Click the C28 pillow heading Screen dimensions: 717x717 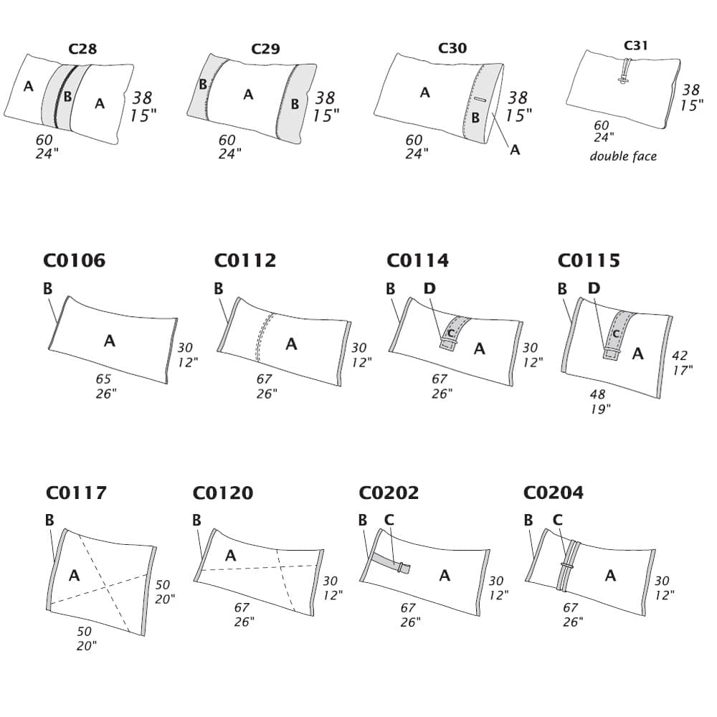point(82,49)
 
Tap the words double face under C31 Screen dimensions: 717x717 point(623,156)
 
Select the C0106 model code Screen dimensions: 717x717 point(75,260)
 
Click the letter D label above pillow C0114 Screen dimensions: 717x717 point(429,288)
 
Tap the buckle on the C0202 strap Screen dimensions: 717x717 point(406,568)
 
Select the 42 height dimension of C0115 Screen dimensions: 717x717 point(680,354)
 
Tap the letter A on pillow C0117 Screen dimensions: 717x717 point(74,575)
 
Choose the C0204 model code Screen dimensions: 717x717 point(553,493)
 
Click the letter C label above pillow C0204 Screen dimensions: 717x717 point(557,520)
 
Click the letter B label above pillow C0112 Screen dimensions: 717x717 point(218,288)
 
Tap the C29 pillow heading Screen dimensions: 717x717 point(265,49)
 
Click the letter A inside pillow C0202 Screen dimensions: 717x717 point(445,575)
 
